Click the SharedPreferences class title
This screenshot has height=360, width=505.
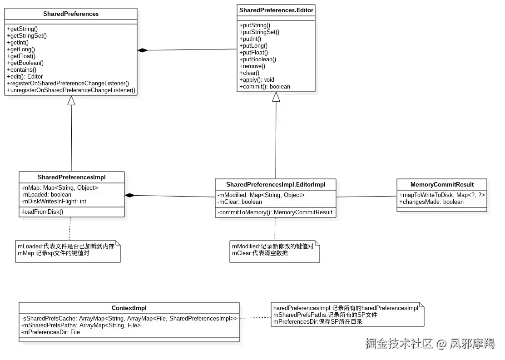coord(71,14)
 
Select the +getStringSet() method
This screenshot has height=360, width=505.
coord(27,35)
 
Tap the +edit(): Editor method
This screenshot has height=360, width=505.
coord(25,76)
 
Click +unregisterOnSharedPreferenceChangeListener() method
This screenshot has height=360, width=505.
coord(71,90)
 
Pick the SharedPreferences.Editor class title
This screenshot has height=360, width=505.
coord(276,10)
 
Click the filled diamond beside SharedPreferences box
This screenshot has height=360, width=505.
coord(143,50)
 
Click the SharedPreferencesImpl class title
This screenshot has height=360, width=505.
coord(72,177)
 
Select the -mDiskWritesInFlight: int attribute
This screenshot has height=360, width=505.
coord(54,201)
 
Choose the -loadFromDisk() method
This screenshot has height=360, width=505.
coord(42,212)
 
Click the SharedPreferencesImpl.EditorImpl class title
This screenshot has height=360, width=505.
coord(275,184)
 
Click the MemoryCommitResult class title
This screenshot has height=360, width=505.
coord(442,184)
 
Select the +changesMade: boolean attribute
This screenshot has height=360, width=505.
coord(431,202)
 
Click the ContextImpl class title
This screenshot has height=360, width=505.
coord(129,308)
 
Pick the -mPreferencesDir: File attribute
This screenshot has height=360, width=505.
coord(50,332)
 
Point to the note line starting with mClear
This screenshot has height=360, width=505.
coord(260,253)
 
